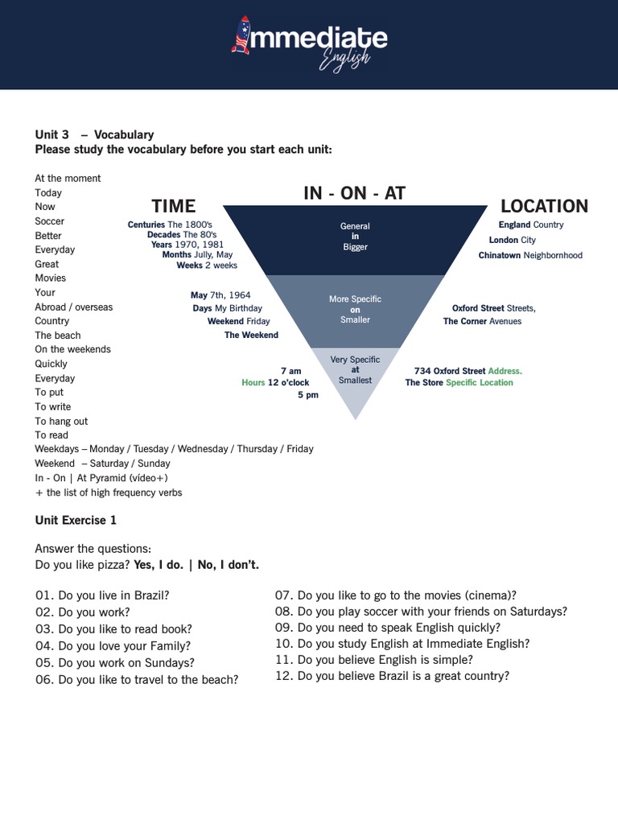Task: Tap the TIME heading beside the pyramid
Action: pyautogui.click(x=174, y=206)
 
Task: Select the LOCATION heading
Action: pyautogui.click(x=544, y=206)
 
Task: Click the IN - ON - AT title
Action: pyautogui.click(x=354, y=193)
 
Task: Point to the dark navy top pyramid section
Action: pyautogui.click(x=355, y=237)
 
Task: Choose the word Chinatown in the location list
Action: pyautogui.click(x=500, y=255)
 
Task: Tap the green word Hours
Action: pyautogui.click(x=253, y=383)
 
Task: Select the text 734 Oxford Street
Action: pyautogui.click(x=450, y=371)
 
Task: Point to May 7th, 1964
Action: pyautogui.click(x=220, y=295)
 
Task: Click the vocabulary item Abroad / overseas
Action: pyautogui.click(x=74, y=307)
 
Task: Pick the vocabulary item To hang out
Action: pyautogui.click(x=61, y=421)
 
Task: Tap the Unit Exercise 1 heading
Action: pyautogui.click(x=76, y=521)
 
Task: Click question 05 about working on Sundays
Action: pyautogui.click(x=115, y=663)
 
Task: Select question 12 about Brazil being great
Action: pyautogui.click(x=392, y=676)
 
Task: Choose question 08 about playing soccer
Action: pyautogui.click(x=421, y=612)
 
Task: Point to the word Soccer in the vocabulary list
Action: pyautogui.click(x=50, y=221)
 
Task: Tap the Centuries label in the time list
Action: pyautogui.click(x=146, y=225)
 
